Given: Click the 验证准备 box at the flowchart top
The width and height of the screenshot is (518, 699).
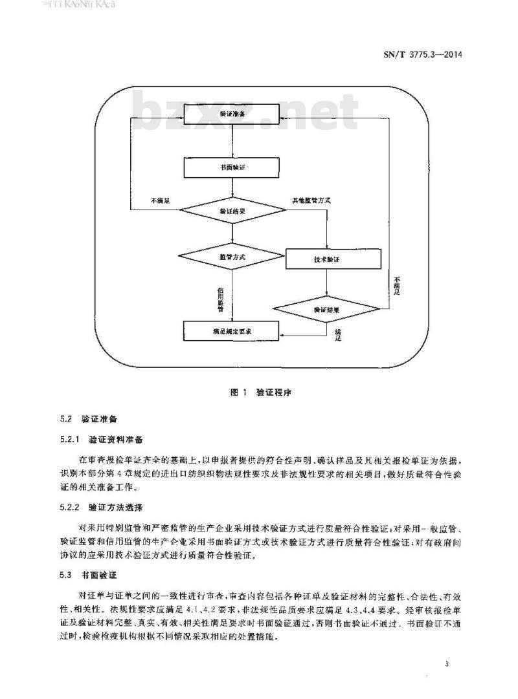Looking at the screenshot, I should [231, 114].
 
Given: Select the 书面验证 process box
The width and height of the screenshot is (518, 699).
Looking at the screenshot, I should [231, 167].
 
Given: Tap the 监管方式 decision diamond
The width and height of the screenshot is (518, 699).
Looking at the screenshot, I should [231, 257].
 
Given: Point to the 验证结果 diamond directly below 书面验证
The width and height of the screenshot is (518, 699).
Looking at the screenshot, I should [231, 211].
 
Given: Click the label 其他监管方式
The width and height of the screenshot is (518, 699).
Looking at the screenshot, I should [311, 201].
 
